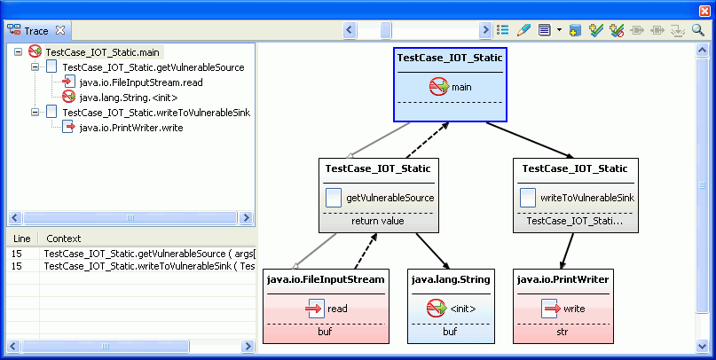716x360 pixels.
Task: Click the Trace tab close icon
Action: click(x=61, y=30)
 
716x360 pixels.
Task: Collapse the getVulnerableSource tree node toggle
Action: click(x=35, y=67)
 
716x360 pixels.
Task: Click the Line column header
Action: click(x=22, y=239)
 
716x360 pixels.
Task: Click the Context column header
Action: click(x=63, y=239)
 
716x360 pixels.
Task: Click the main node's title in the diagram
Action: click(x=450, y=58)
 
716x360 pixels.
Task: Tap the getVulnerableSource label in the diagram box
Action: click(x=389, y=198)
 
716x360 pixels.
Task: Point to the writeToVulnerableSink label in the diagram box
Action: click(x=586, y=198)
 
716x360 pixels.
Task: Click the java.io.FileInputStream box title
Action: click(x=327, y=279)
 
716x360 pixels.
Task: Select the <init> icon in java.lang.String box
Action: click(x=436, y=309)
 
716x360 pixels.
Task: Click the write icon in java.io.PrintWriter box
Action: click(x=550, y=309)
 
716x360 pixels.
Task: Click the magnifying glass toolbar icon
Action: click(x=697, y=30)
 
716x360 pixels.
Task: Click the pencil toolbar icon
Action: click(x=523, y=30)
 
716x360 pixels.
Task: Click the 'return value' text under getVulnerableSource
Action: click(x=377, y=222)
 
